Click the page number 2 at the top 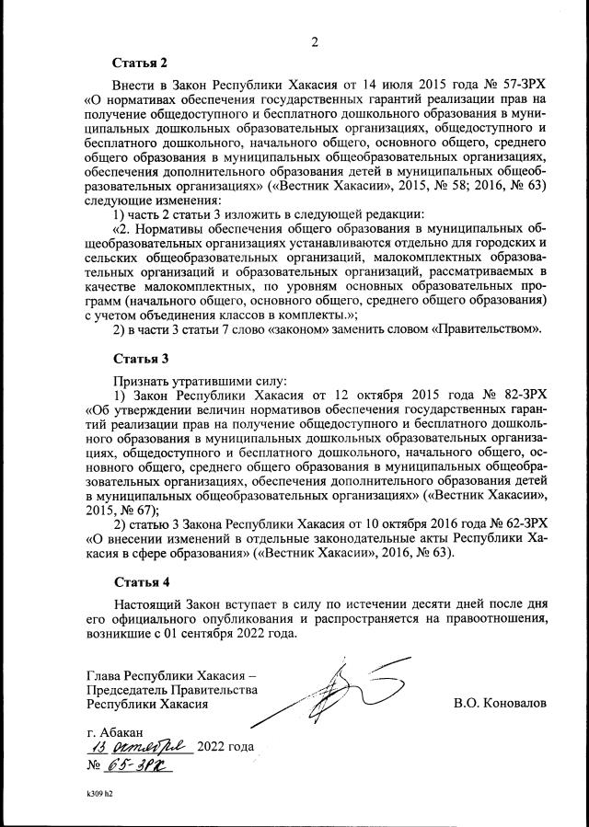314,41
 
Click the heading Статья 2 140,63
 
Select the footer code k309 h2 93,791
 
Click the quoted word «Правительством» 485,328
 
